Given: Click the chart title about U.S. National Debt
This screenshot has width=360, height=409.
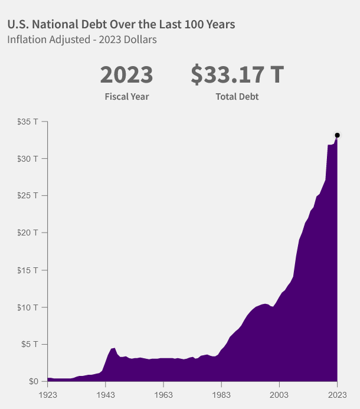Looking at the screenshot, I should pyautogui.click(x=121, y=24).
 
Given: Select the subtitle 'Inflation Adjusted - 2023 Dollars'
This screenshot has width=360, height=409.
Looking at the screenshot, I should pyautogui.click(x=81, y=40).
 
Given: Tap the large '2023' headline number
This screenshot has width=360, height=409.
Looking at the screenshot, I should pyautogui.click(x=126, y=75).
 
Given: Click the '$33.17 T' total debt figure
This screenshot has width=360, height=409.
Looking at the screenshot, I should pyautogui.click(x=237, y=75).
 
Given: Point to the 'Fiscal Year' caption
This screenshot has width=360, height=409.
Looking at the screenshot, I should pyautogui.click(x=127, y=96).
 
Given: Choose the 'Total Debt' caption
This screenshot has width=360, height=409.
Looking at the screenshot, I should pyautogui.click(x=237, y=96).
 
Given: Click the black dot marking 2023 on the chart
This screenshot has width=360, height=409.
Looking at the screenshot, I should pyautogui.click(x=337, y=135).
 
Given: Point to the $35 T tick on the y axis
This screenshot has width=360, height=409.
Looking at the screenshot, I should pyautogui.click(x=28, y=122).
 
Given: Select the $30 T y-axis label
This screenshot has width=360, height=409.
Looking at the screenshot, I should pyautogui.click(x=28, y=159).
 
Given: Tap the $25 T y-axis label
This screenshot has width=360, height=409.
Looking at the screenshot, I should pyautogui.click(x=28, y=195).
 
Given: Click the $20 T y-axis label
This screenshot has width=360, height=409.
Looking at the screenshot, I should pyautogui.click(x=28, y=233).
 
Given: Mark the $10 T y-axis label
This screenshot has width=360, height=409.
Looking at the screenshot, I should pyautogui.click(x=28, y=307).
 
